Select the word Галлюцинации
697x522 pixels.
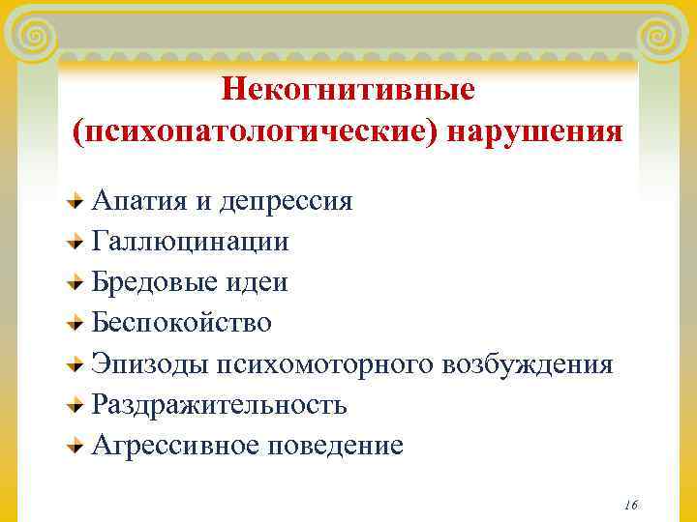click(x=190, y=241)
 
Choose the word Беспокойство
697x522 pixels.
click(x=182, y=322)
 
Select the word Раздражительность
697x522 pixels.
click(x=219, y=404)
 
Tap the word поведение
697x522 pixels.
click(x=329, y=445)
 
